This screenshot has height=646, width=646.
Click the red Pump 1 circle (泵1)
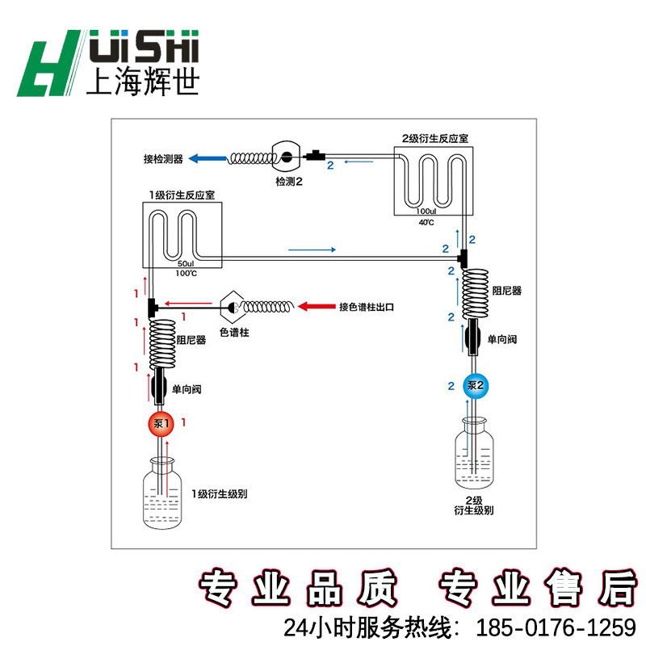(x=160, y=422)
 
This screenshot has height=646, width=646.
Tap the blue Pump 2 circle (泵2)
(x=474, y=385)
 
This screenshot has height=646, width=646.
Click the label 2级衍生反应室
(x=434, y=139)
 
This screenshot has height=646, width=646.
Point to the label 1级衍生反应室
(x=182, y=195)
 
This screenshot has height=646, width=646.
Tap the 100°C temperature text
(x=186, y=274)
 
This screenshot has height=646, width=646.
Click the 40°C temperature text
(x=426, y=222)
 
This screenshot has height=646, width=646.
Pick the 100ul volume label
(x=426, y=212)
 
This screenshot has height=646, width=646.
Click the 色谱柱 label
(x=234, y=332)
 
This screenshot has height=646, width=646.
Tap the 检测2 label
(x=288, y=182)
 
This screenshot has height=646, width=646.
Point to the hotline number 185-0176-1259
(x=557, y=627)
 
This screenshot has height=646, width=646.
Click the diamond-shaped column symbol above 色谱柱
(x=234, y=307)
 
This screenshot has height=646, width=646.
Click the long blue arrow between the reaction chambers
(x=311, y=250)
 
